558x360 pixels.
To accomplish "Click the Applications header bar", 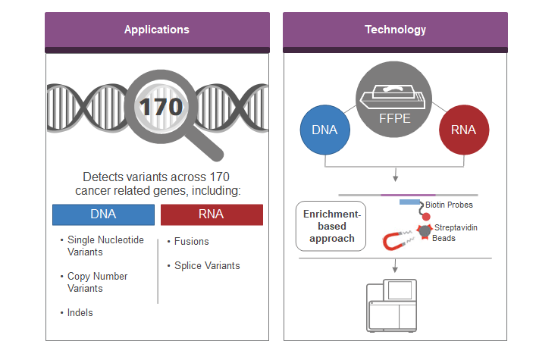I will pos(157,30).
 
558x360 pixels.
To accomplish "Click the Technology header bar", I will pos(395,30).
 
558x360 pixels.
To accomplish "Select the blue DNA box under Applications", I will pos(103,214).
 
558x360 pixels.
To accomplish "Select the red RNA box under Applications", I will pos(212,214).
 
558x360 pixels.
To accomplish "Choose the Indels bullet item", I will pos(80,312).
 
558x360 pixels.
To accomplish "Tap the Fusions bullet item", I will pos(191,242).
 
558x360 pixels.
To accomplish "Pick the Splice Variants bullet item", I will pos(206,265).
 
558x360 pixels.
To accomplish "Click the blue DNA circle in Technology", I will pos(324,130).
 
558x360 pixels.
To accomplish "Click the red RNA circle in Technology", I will pos(464,130).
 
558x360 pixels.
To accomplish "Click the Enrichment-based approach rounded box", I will pos(330,226).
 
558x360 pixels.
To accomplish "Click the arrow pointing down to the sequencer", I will pos(394,266).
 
